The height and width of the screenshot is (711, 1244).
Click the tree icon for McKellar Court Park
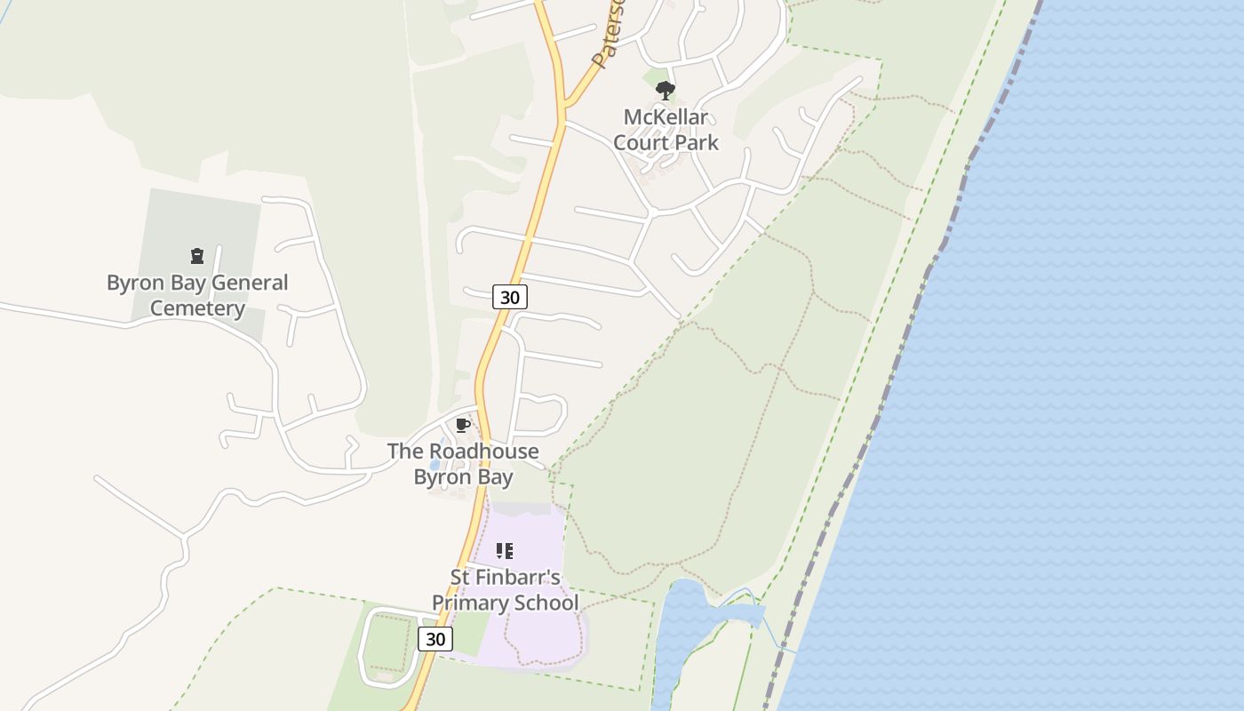point(665,91)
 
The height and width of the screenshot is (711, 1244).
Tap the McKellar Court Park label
point(666,130)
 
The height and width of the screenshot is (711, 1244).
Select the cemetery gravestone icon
point(197,257)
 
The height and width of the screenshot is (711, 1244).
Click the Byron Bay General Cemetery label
point(197,296)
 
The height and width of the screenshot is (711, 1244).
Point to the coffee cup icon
point(462,425)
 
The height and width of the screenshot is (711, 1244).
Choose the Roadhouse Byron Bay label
point(463,464)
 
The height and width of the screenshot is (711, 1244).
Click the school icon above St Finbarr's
point(505,551)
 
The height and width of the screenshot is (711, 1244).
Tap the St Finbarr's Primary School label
point(505,590)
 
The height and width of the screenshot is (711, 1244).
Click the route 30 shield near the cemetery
point(510,297)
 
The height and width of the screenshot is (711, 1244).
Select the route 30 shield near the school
point(435,638)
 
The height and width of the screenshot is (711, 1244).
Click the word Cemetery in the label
point(197,308)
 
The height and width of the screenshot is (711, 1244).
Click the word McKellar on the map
point(666,117)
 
